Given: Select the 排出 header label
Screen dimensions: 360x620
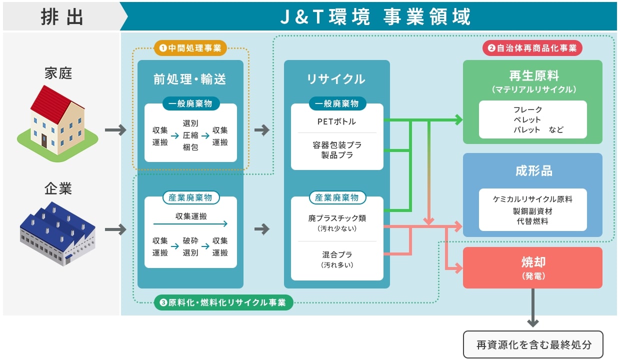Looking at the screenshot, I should point(62,17).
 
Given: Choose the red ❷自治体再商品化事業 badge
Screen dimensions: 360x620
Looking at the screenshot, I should point(532,48).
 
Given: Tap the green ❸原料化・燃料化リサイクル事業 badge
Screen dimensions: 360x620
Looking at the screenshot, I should point(223,302).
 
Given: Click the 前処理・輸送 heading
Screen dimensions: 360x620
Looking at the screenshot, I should point(190,79).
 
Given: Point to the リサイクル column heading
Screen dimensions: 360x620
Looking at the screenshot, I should point(336,79).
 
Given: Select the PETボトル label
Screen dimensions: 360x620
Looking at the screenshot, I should point(337,121).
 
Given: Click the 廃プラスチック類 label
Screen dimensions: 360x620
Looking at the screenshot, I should point(337,218).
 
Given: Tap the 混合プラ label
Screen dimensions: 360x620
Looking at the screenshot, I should point(337,254).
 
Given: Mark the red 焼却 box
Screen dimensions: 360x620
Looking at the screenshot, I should point(532,267).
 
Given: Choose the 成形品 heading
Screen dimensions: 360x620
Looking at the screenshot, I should point(532,171).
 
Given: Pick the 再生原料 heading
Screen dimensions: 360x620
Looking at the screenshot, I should point(532,76).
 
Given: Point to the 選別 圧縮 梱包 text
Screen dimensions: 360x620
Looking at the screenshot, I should point(190,135).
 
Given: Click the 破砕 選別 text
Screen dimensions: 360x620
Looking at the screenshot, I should point(190,246).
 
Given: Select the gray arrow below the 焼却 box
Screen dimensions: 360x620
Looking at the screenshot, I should point(533,308).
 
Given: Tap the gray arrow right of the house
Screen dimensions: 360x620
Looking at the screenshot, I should point(115,130).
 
